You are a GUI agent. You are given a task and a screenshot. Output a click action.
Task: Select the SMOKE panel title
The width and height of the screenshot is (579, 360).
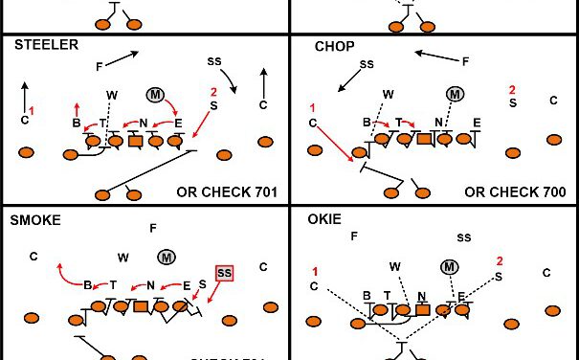tap(34, 219)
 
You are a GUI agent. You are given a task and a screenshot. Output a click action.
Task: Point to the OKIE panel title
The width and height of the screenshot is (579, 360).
tap(326, 219)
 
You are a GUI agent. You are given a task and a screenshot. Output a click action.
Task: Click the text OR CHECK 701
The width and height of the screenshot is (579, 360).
tap(227, 191)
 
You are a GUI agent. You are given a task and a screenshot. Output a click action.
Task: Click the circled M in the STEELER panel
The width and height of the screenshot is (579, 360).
tap(156, 94)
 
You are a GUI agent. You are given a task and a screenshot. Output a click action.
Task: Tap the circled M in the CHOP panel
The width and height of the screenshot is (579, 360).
tap(454, 94)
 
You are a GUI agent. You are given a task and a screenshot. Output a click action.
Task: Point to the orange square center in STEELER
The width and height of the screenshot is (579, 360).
tap(135, 142)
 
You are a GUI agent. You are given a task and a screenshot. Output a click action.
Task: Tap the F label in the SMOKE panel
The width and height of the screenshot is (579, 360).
tap(153, 228)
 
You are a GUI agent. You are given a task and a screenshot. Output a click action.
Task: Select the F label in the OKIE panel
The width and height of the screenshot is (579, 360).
tap(354, 236)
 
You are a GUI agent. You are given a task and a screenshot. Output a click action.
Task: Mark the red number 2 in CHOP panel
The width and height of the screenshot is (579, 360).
tap(513, 90)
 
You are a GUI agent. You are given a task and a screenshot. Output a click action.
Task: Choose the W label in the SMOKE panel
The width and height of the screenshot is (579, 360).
tap(122, 257)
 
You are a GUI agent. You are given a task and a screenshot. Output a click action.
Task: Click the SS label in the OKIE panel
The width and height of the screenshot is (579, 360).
tap(463, 236)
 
